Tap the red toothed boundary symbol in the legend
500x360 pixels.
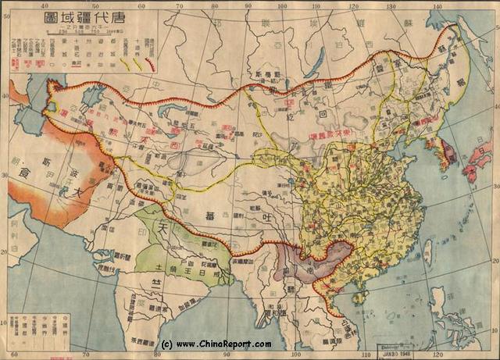pyautogui.click(x=79, y=68)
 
